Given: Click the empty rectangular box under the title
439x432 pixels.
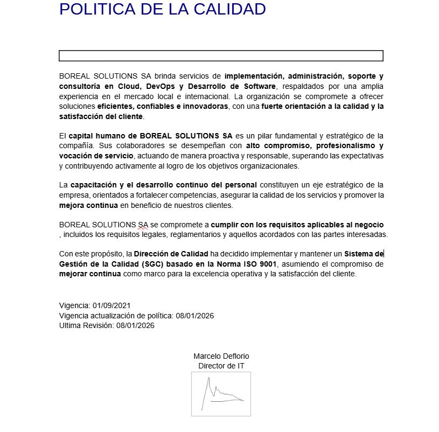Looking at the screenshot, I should pyautogui.click(x=221, y=56).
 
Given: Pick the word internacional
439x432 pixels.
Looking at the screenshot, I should pyautogui.click(x=203, y=96).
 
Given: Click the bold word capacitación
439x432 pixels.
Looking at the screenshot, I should pyautogui.click(x=94, y=185).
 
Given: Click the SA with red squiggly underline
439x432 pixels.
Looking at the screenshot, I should pyautogui.click(x=143, y=225).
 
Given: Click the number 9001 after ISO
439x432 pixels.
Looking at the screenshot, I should pyautogui.click(x=267, y=264).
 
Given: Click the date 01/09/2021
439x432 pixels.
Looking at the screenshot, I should pyautogui.click(x=112, y=305).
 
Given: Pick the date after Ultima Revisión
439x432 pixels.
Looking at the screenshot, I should pyautogui.click(x=135, y=325).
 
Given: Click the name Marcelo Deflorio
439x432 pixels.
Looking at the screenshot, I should pyautogui.click(x=221, y=356).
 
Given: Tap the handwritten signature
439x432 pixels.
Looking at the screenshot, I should pyautogui.click(x=221, y=393).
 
